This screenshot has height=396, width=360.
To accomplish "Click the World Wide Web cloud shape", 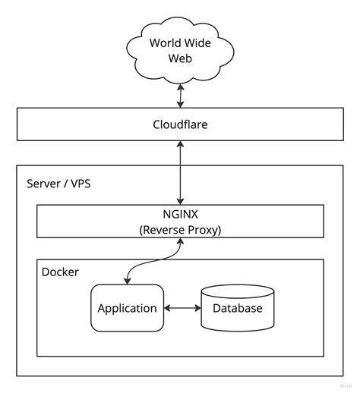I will click(x=180, y=49).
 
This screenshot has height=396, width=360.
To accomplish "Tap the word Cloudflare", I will click(x=180, y=124).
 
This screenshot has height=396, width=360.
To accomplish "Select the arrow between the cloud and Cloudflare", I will click(x=180, y=95).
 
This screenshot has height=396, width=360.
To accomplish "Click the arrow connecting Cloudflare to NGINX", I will click(x=180, y=173).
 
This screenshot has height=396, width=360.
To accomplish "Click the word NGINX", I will click(x=180, y=215).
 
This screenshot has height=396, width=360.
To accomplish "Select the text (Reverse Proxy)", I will click(x=180, y=230).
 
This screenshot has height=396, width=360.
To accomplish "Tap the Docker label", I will click(x=60, y=272).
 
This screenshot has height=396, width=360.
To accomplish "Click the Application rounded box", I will click(x=128, y=308).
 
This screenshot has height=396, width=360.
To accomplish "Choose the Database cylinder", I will click(x=237, y=307).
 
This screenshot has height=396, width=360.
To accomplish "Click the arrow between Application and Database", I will click(x=182, y=308).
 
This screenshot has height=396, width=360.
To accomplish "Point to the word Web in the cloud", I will click(x=179, y=58).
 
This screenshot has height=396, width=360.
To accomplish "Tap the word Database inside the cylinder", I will click(x=237, y=308).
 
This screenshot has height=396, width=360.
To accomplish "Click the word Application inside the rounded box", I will click(x=128, y=308).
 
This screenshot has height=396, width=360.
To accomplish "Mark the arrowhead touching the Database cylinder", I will click(x=197, y=308).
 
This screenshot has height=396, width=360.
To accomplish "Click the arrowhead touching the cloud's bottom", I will click(x=180, y=85).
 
